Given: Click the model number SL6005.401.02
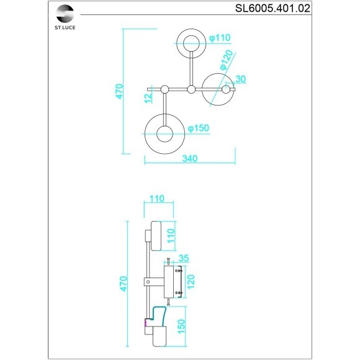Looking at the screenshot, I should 273,8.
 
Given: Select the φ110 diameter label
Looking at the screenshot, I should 220,38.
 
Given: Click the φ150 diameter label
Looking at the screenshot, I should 198,128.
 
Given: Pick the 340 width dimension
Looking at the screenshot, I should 189,159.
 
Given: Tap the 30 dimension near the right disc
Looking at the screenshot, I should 241,79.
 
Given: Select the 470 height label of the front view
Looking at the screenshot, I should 119,91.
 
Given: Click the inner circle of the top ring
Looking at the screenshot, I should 190,43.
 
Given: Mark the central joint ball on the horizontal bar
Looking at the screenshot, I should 191,90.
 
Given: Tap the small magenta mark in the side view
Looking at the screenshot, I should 146,322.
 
